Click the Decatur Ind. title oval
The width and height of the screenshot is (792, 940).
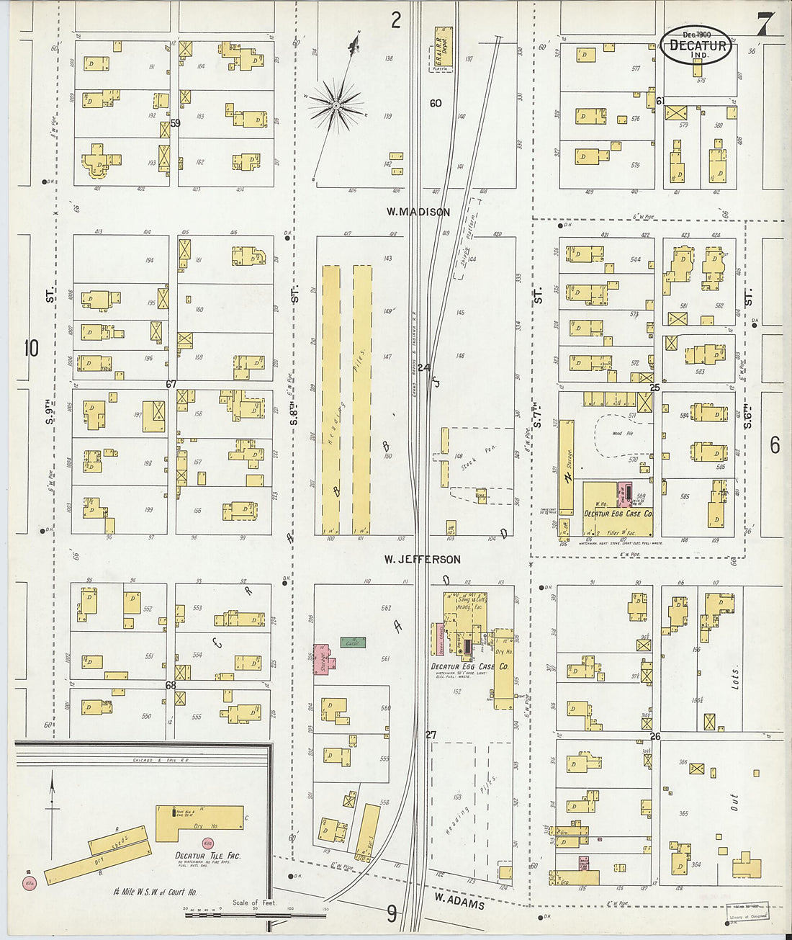(x=696, y=45)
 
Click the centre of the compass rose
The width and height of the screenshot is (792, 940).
(x=336, y=106)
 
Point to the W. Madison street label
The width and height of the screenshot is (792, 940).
(x=418, y=212)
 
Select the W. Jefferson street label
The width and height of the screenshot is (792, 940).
(x=422, y=559)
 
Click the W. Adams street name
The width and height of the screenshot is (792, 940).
(x=459, y=900)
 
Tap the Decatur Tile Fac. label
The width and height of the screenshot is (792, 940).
(x=208, y=856)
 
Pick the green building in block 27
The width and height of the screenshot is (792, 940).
(x=351, y=642)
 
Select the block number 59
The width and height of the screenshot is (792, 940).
(x=175, y=122)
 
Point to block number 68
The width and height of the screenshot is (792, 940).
(x=171, y=685)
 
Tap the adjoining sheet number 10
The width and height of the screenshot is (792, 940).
(x=31, y=349)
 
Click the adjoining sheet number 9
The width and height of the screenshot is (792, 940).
(x=392, y=914)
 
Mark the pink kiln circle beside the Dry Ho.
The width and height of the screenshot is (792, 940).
(x=208, y=842)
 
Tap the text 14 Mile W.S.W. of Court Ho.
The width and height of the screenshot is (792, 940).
(x=155, y=892)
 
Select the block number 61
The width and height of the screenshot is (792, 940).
(x=660, y=101)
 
